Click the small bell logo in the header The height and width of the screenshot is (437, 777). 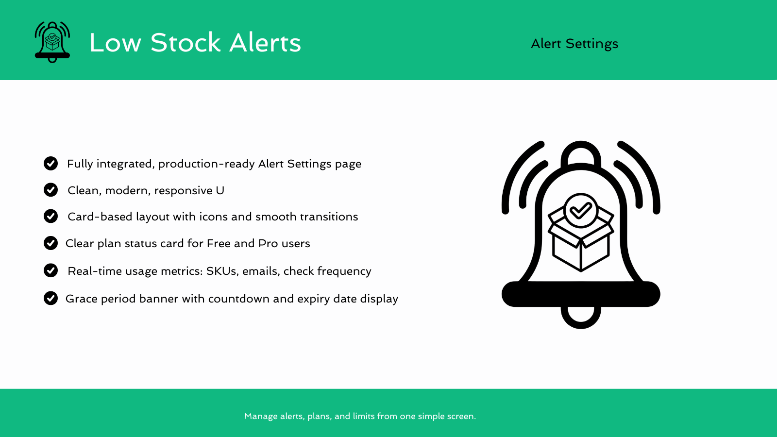[x=52, y=42]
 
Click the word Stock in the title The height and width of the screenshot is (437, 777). [x=186, y=43]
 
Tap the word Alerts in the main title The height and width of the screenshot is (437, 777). [x=265, y=43]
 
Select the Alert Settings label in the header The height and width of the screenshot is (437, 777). [x=574, y=44]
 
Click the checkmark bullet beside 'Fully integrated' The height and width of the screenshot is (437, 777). [x=51, y=164]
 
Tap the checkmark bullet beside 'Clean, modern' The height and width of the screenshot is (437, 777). [x=51, y=190]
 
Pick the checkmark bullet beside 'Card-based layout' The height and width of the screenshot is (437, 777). [x=51, y=216]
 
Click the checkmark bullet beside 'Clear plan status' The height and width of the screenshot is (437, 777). [x=51, y=243]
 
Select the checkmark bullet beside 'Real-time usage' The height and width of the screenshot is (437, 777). [x=51, y=270]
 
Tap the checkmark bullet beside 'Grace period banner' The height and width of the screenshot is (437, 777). [x=51, y=298]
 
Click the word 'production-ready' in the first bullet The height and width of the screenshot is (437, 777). [x=206, y=164]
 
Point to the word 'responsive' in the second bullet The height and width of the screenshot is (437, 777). [x=183, y=191]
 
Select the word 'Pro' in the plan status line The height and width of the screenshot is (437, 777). [x=268, y=243]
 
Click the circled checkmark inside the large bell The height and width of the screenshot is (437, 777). [x=581, y=210]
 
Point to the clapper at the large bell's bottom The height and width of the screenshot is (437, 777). [x=581, y=318]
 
